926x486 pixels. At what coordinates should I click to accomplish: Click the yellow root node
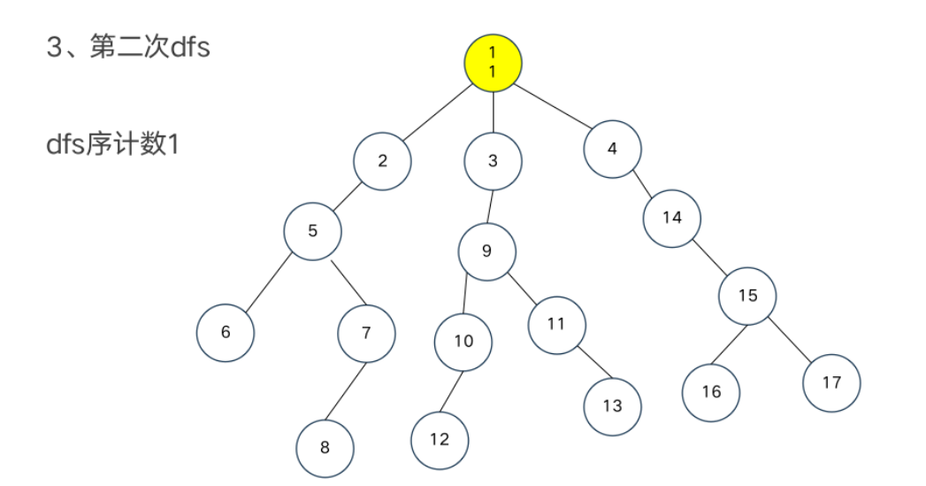494,61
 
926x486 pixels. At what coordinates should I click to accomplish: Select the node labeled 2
382,161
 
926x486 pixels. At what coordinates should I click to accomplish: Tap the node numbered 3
493,161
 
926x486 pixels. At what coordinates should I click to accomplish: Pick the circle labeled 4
612,149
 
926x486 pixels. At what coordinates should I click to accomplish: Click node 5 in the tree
312,231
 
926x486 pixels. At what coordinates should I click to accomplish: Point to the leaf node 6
226,333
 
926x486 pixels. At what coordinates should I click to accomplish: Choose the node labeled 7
366,333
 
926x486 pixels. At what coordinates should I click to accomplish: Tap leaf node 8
325,447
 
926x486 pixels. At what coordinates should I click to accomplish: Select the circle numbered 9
486,251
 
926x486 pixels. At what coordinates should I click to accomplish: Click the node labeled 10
463,342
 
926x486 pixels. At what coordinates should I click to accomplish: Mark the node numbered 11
556,324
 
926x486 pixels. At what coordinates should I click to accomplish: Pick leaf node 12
440,439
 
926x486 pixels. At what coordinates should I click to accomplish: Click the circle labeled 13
612,406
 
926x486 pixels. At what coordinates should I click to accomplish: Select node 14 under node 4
672,217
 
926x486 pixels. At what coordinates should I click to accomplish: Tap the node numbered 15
747,296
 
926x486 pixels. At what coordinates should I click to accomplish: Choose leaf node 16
711,391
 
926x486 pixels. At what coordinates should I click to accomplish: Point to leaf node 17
831,382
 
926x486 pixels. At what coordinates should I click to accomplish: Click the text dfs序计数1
113,143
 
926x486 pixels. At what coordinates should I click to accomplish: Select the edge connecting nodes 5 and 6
269,282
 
